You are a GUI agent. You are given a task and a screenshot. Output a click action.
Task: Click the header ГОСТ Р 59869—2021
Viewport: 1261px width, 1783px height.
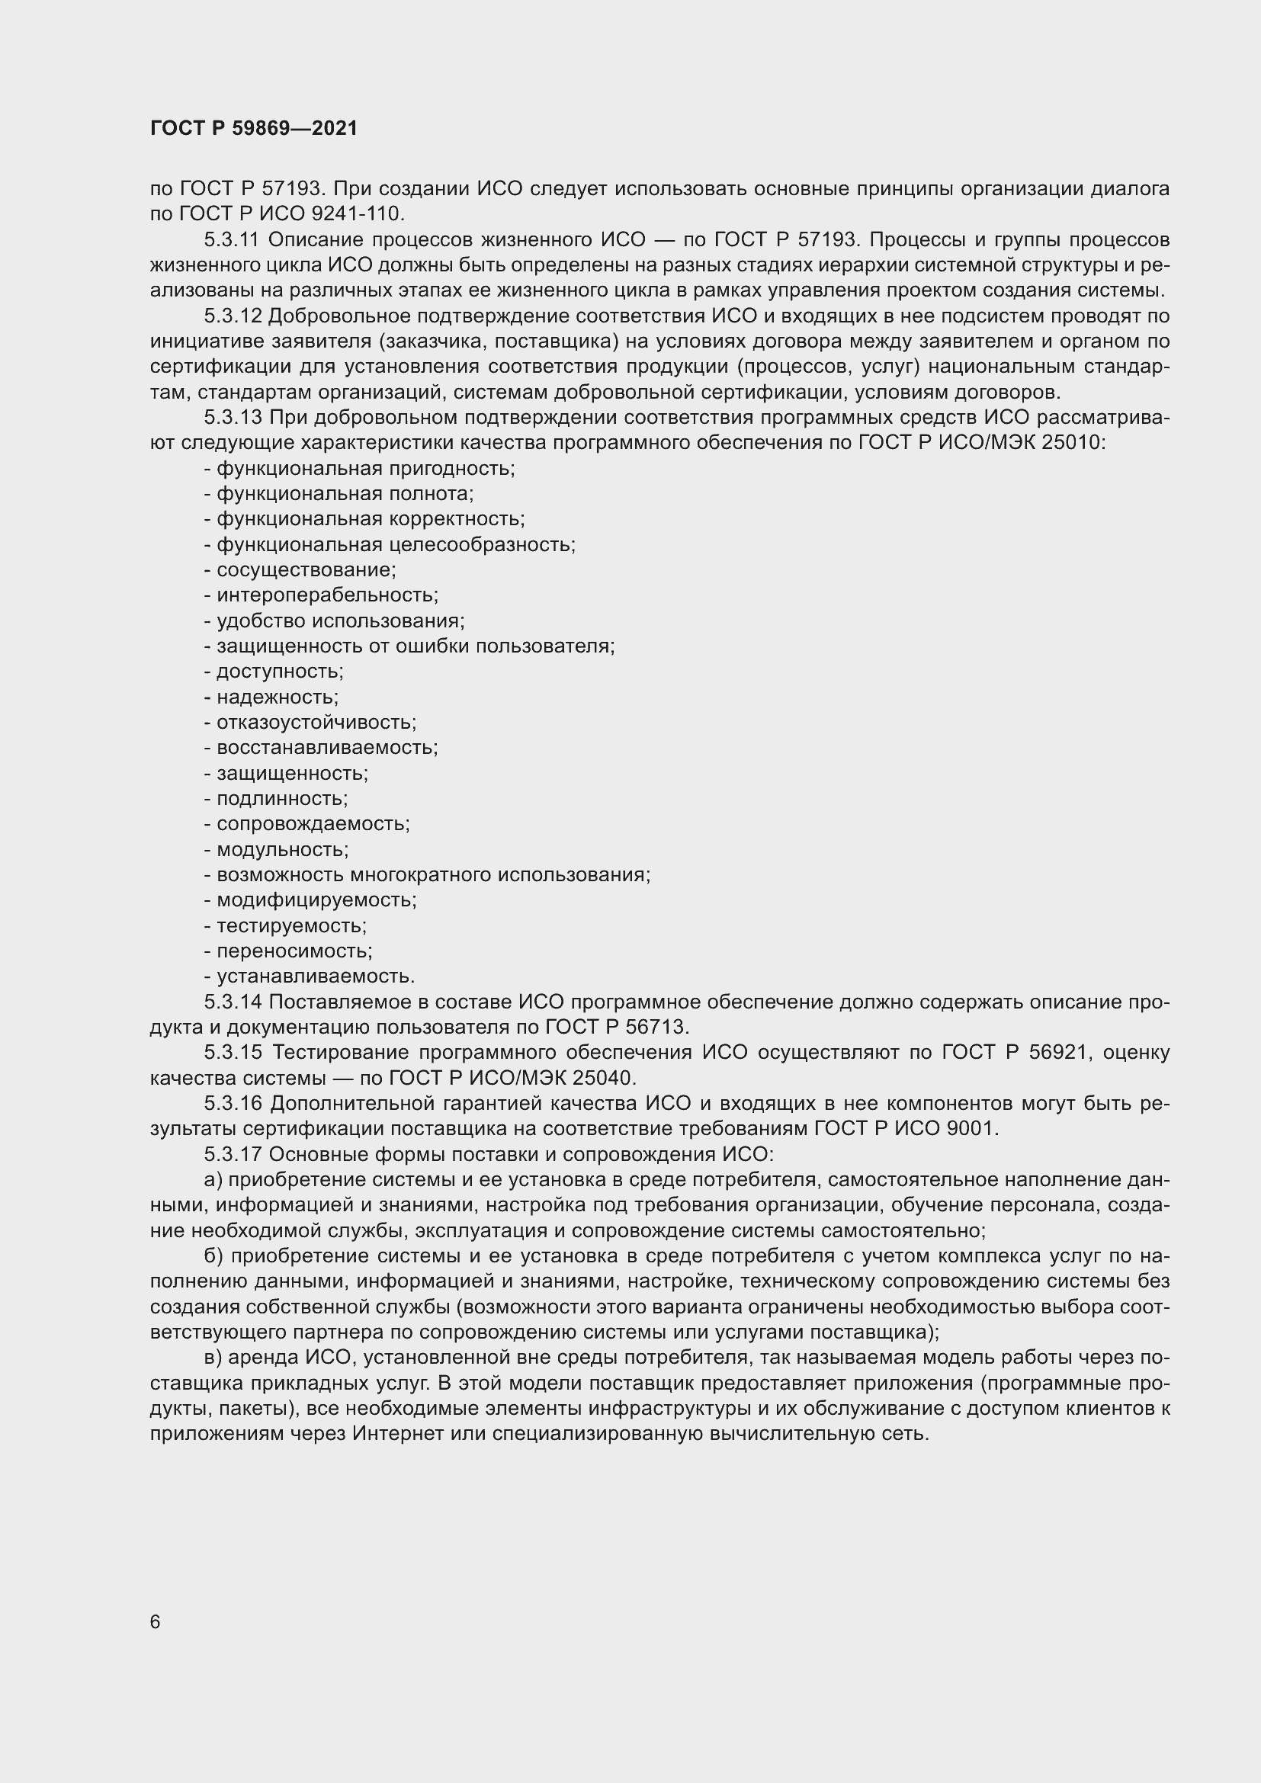[254, 129]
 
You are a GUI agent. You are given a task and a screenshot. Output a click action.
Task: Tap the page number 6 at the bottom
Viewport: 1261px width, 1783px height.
[156, 1622]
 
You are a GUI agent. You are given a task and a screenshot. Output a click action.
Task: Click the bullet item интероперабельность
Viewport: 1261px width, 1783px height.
[327, 595]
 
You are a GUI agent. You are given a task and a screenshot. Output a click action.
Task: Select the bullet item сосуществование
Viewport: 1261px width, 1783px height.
[306, 570]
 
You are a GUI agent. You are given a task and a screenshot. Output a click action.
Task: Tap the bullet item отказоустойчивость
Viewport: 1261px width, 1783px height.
[316, 722]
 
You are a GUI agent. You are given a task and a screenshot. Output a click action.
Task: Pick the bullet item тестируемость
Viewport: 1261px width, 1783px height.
[291, 925]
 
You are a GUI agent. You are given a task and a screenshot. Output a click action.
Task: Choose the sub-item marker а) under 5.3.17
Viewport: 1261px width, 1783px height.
[213, 1179]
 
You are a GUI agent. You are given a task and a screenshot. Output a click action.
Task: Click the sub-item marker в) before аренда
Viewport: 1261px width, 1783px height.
[213, 1358]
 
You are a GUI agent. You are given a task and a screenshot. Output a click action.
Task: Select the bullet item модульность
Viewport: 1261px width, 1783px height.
[282, 849]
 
